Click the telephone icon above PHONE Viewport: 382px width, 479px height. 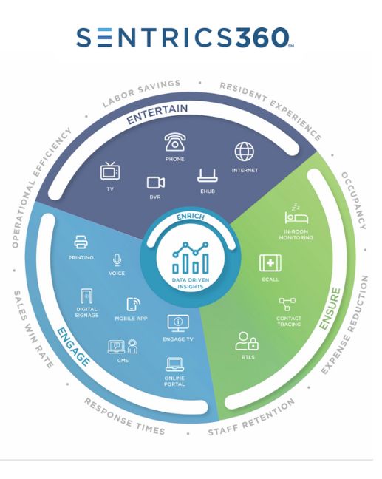(175, 142)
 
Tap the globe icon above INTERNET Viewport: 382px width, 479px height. (244, 152)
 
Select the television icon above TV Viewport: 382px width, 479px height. (110, 171)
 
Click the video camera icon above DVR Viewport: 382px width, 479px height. (156, 183)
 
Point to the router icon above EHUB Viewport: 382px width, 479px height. (208, 176)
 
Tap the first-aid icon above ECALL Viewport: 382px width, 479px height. (270, 263)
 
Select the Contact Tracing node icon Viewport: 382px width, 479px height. (287, 305)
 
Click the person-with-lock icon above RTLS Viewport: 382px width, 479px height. (247, 341)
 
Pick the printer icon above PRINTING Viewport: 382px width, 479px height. (81, 242)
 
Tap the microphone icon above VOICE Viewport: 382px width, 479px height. (117, 260)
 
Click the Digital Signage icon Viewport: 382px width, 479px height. (86, 296)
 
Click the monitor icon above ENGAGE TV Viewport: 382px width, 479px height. (178, 324)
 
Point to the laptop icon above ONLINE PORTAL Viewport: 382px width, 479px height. (174, 364)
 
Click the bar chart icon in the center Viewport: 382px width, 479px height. (190, 258)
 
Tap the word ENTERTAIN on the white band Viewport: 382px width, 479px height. (157, 115)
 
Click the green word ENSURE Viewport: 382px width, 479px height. (330, 308)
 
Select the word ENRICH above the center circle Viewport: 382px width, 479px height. (191, 217)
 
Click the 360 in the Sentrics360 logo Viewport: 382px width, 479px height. (262, 37)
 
